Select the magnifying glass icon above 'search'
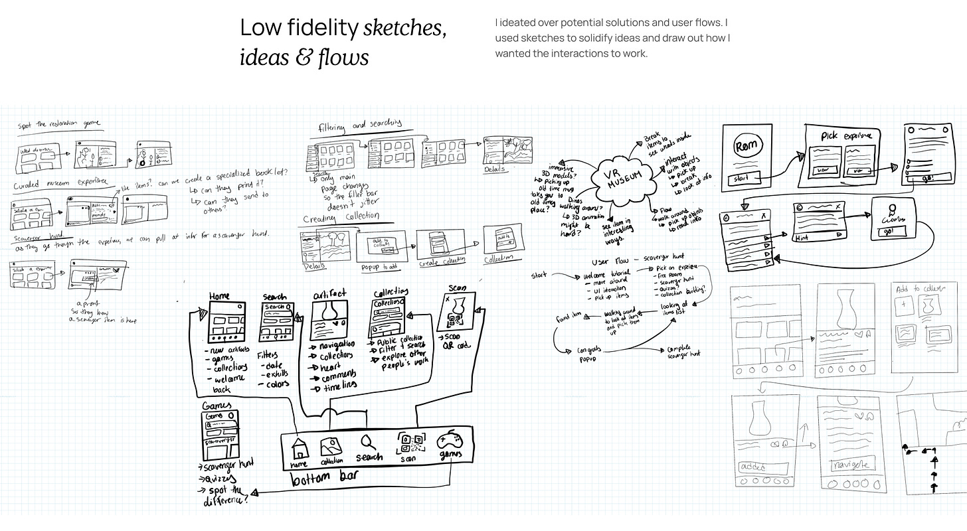[x=367, y=442]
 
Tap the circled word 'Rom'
[x=745, y=147]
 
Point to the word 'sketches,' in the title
[x=404, y=28]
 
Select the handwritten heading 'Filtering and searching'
[x=360, y=124]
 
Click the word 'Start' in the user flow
[x=539, y=275]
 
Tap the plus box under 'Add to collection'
[x=905, y=306]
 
